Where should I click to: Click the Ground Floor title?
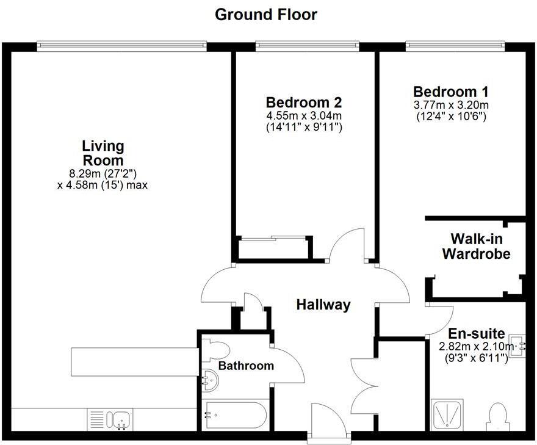pos(266,15)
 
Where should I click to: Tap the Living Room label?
pos(103,153)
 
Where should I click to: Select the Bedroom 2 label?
pos(303,102)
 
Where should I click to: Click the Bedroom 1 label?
pos(450,92)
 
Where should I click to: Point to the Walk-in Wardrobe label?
pos(476,246)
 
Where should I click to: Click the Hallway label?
pos(323,305)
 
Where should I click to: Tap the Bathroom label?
pos(246,366)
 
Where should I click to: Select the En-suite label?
pos(476,334)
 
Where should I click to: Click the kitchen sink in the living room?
pos(120,420)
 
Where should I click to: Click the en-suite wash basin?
pos(517,346)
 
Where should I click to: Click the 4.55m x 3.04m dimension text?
pos(303,116)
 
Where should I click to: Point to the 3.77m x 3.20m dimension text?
pos(450,105)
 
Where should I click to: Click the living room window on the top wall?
pos(121,46)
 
